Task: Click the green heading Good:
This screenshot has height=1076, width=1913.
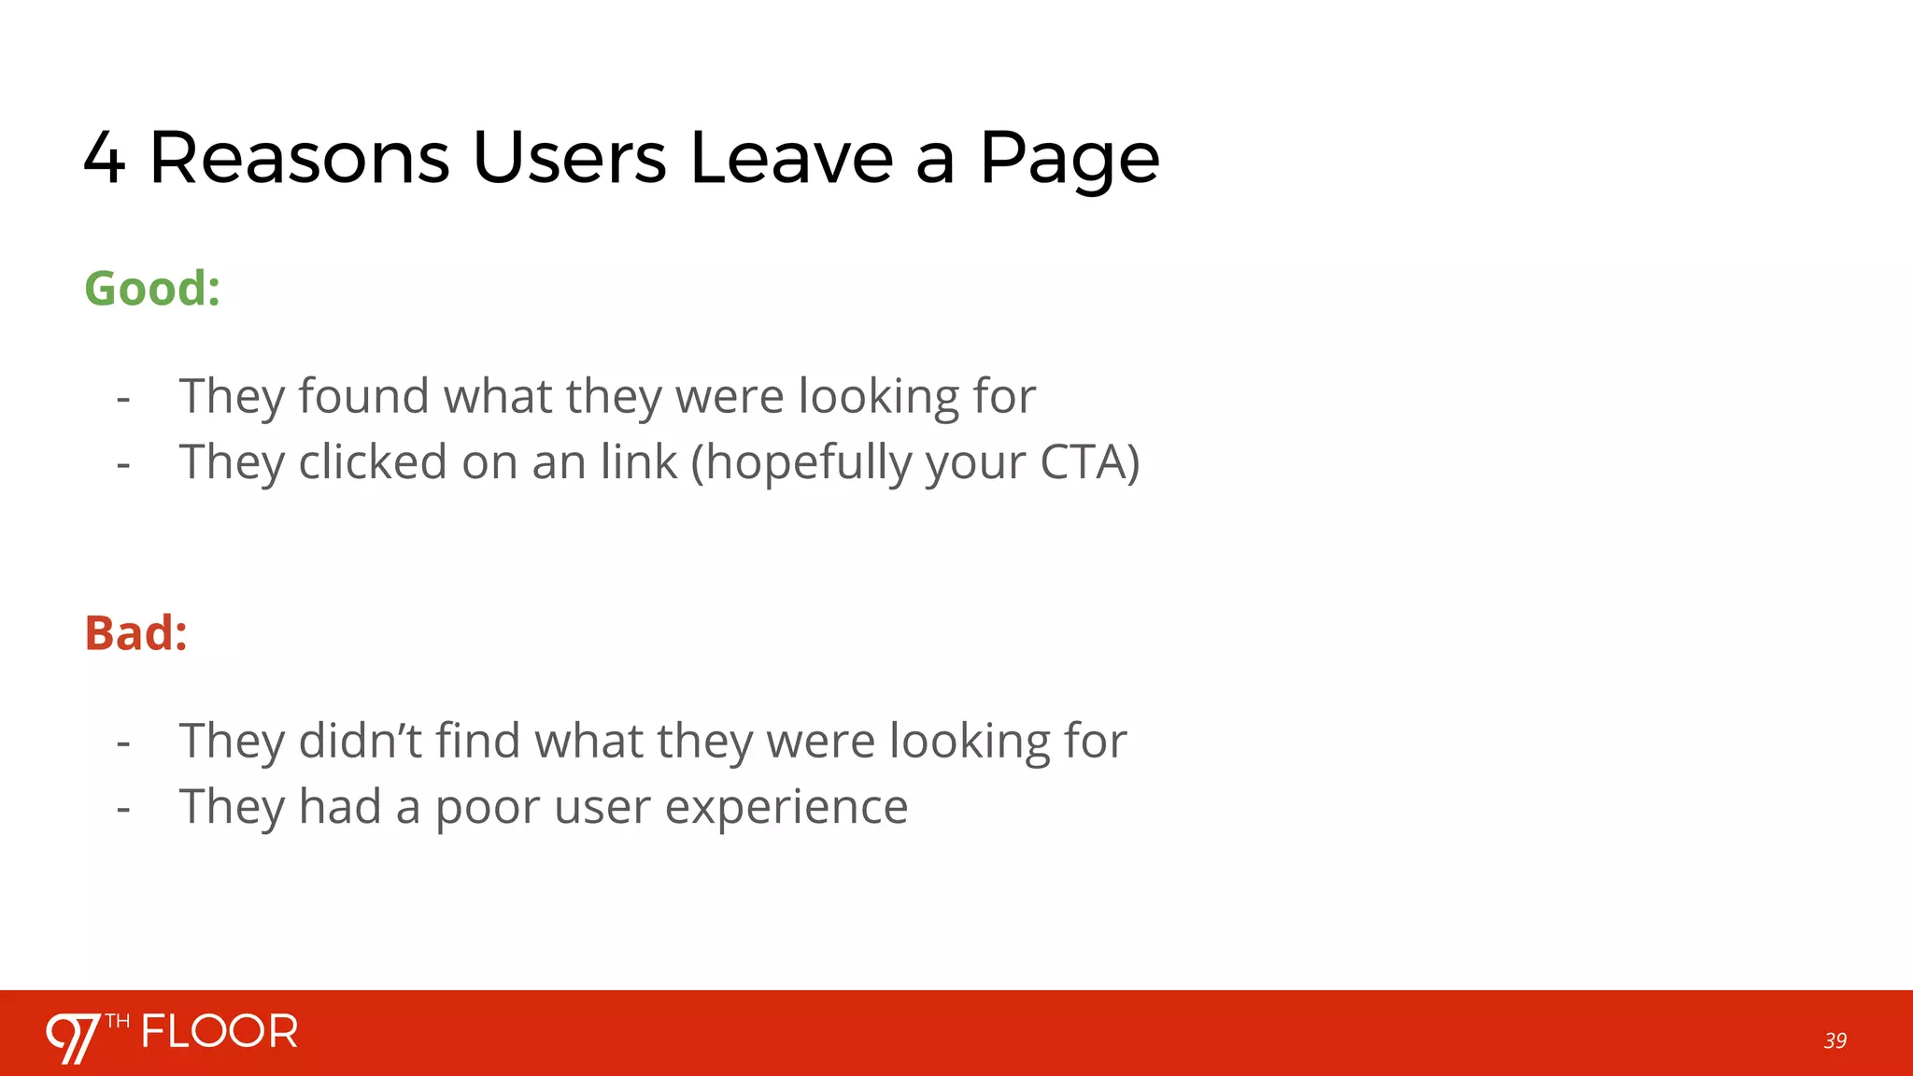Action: pyautogui.click(x=152, y=288)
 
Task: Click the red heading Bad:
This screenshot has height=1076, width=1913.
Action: pyautogui.click(x=136, y=633)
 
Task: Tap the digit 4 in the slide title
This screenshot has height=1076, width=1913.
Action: pyautogui.click(x=104, y=159)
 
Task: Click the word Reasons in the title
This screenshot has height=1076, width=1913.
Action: pyautogui.click(x=299, y=157)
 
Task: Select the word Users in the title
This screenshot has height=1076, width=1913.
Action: pyautogui.click(x=570, y=157)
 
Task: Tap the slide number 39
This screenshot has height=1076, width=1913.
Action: pyautogui.click(x=1835, y=1041)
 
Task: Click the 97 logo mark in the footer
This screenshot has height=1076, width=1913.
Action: pyautogui.click(x=74, y=1037)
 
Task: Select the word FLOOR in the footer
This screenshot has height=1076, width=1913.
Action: pyautogui.click(x=220, y=1032)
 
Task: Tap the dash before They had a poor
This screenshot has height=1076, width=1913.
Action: pyautogui.click(x=123, y=808)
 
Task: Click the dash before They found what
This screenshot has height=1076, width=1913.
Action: pyautogui.click(x=123, y=398)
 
